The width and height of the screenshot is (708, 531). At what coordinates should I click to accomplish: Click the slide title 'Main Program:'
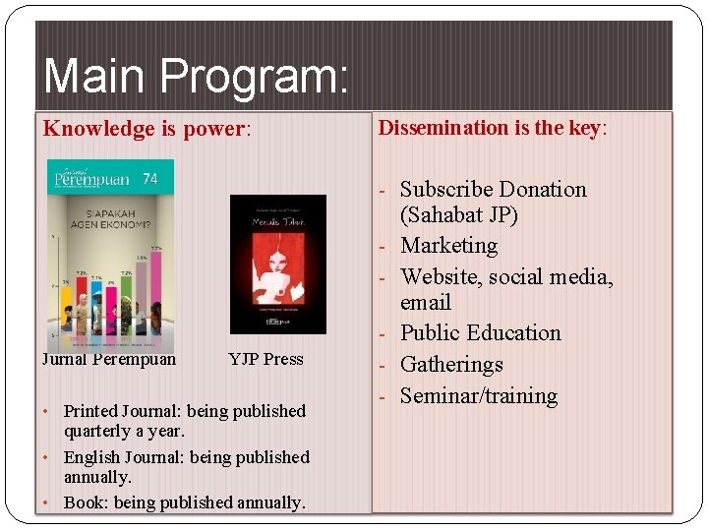pos(195,77)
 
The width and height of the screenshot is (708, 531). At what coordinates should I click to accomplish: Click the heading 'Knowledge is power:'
pos(147,129)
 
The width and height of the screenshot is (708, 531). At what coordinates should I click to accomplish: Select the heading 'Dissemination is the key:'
pos(493,128)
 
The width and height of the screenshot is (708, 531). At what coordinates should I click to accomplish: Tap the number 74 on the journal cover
pos(150,179)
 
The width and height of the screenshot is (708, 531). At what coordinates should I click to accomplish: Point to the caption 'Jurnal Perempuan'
pos(109,359)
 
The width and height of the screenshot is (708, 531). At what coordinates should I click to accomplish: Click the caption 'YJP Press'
pos(265,359)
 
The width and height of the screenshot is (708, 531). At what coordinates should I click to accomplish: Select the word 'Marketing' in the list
pos(448,246)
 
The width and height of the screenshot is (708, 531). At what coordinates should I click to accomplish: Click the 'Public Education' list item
pos(480,333)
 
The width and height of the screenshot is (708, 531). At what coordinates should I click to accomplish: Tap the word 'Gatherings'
pos(451,365)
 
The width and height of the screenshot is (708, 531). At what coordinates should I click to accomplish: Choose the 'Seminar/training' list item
pos(479,396)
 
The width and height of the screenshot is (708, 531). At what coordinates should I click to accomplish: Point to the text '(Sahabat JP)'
pos(458,215)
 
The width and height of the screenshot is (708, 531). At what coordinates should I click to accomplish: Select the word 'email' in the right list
pos(426,303)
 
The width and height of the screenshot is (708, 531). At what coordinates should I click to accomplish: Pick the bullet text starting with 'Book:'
pos(184,502)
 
